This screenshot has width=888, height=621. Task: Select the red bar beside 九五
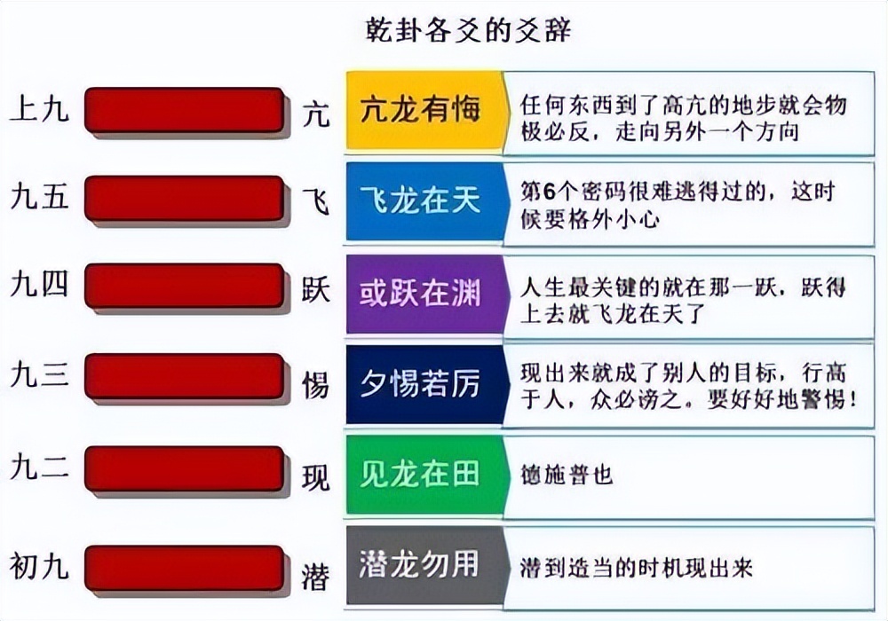click(x=184, y=198)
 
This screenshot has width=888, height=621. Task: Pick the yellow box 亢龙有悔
click(x=420, y=109)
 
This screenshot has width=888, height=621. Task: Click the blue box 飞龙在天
click(x=420, y=200)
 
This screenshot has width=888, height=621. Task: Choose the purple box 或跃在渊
click(x=420, y=294)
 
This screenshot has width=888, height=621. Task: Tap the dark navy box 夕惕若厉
click(x=420, y=384)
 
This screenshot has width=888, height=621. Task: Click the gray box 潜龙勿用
click(x=420, y=565)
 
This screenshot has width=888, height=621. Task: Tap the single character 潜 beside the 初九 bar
click(x=315, y=576)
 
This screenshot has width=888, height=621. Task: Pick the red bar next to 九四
click(x=184, y=287)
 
